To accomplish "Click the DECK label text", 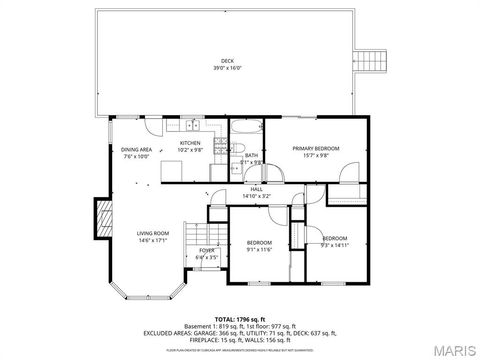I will (x=226, y=61).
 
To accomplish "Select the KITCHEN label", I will (x=190, y=143).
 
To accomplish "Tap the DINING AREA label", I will (x=137, y=149).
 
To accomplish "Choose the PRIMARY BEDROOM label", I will (x=315, y=148).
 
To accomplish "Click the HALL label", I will (x=257, y=189).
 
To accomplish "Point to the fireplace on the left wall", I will (x=101, y=216).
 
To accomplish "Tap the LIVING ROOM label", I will (x=152, y=234).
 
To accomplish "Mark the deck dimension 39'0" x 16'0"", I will (x=226, y=68).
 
